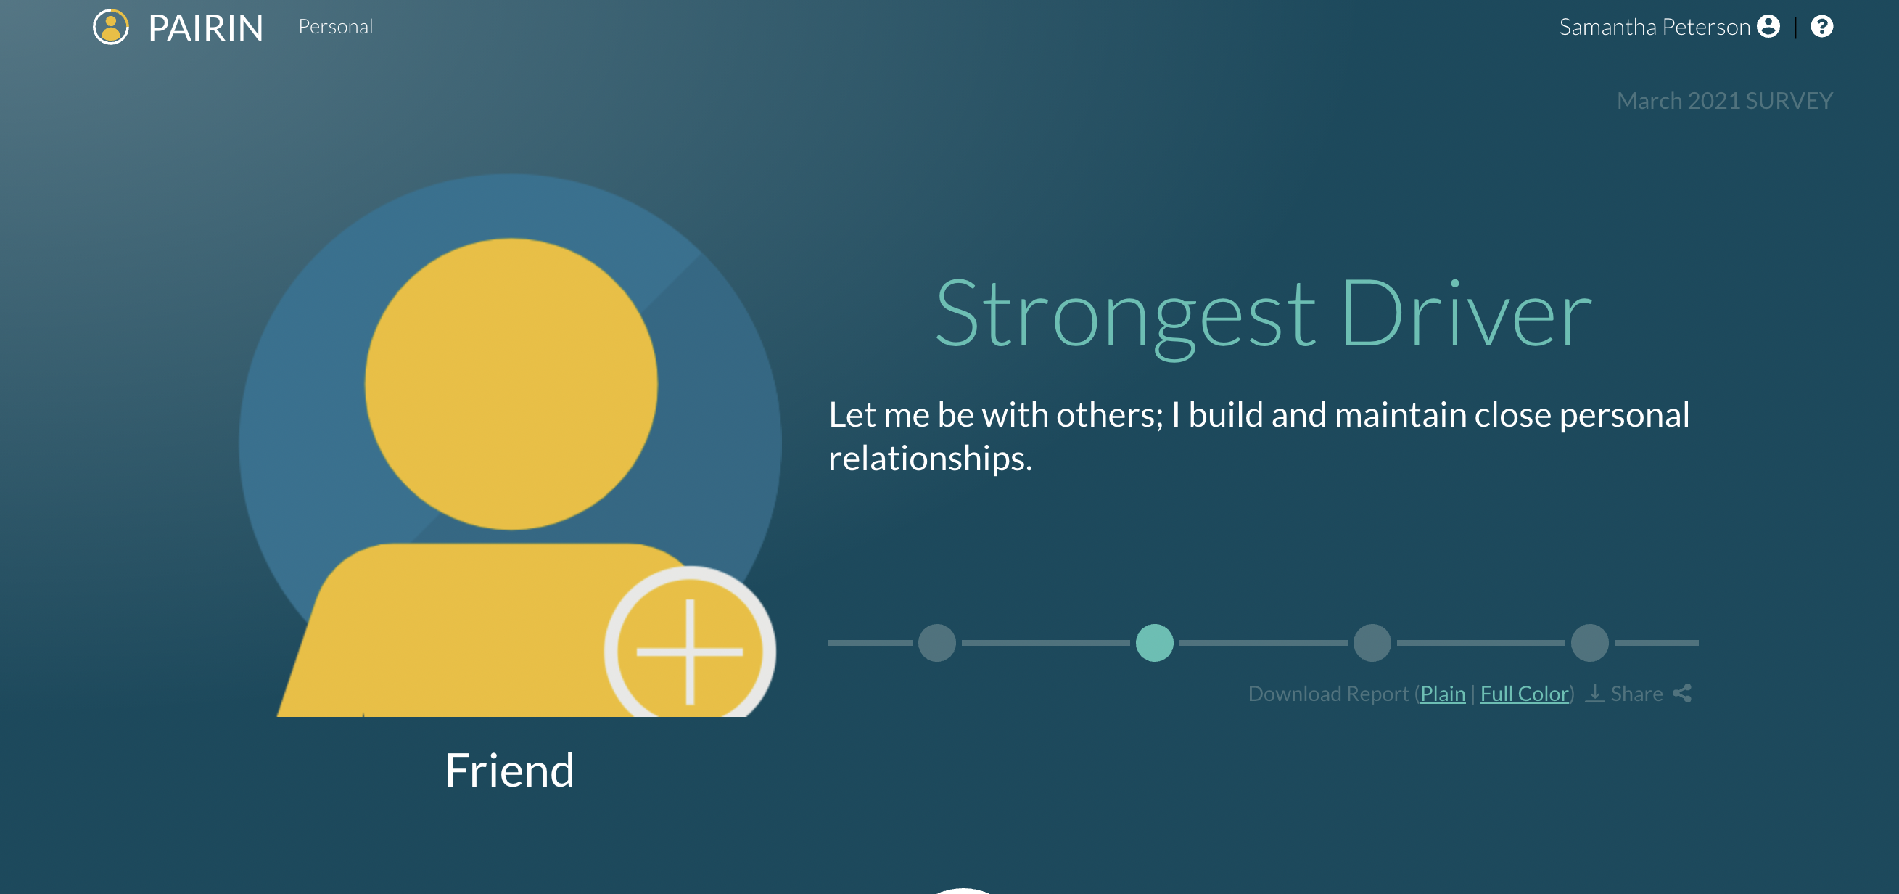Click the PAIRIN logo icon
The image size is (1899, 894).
click(x=110, y=28)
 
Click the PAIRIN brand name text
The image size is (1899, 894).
click(x=206, y=29)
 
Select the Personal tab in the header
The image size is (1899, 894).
click(x=335, y=27)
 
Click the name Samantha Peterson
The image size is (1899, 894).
click(x=1655, y=27)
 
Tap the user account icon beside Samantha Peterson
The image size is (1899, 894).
click(x=1768, y=27)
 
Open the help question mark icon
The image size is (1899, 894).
click(x=1821, y=27)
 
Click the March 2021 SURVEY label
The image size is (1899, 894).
click(x=1724, y=100)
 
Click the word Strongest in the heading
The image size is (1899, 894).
click(x=1125, y=315)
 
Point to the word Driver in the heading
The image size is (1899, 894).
click(x=1466, y=313)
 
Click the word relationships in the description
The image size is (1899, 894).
click(x=931, y=458)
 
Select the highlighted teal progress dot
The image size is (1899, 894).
click(x=1155, y=642)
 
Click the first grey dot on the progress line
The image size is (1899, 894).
click(x=937, y=642)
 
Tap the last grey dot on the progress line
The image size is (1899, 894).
click(x=1589, y=642)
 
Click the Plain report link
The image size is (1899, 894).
click(x=1443, y=694)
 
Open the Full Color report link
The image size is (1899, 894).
click(x=1524, y=694)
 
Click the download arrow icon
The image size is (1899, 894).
click(x=1594, y=694)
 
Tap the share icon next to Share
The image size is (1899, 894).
click(x=1682, y=694)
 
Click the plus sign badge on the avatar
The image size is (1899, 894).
click(x=690, y=652)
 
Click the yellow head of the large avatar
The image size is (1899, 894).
click(x=511, y=384)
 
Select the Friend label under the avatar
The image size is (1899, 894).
click(x=509, y=770)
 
